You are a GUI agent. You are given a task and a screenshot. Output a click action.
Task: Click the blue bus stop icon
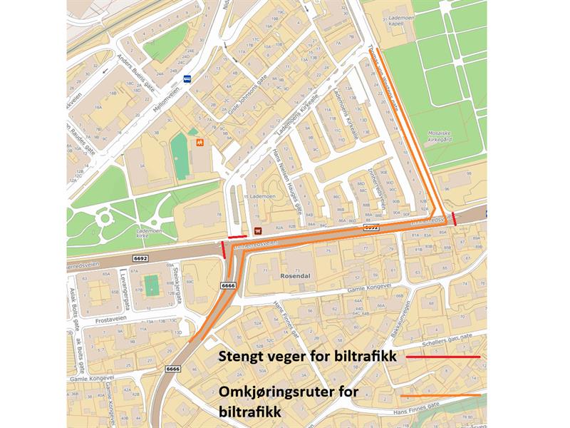(187, 79)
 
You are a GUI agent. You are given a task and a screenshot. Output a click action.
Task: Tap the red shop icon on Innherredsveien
(258, 230)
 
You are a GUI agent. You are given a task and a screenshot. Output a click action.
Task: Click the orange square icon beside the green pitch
(201, 142)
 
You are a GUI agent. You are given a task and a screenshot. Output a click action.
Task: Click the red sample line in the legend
(442, 355)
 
